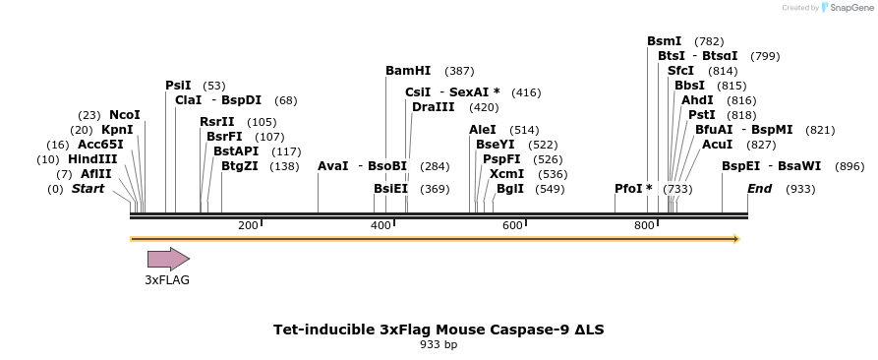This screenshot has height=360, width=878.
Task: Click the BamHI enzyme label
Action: (x=408, y=71)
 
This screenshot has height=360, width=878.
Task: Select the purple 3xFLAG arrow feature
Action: (x=168, y=259)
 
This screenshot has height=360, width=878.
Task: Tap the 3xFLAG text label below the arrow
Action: (x=167, y=280)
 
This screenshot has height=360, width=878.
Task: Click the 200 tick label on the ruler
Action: (x=248, y=225)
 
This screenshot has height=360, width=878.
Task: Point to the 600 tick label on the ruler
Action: (x=511, y=225)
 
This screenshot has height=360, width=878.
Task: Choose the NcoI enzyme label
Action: (x=125, y=115)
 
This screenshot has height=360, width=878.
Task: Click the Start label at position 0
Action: (x=88, y=188)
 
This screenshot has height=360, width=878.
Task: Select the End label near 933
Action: (x=760, y=188)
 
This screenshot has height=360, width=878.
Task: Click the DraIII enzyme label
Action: (x=434, y=106)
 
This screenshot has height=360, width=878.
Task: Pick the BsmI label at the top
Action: (x=664, y=41)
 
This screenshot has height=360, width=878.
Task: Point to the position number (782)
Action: (x=709, y=41)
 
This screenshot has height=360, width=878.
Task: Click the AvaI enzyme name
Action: (x=333, y=166)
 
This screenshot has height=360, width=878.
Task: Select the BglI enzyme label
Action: (x=510, y=188)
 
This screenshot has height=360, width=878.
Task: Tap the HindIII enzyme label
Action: (x=92, y=158)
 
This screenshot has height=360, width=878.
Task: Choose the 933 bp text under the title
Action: (x=439, y=344)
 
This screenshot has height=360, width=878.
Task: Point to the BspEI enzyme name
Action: (x=740, y=166)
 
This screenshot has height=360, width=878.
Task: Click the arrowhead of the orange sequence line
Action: (x=735, y=238)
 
